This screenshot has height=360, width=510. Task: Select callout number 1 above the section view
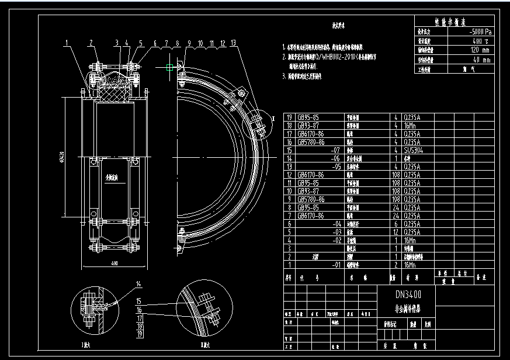click(68, 43)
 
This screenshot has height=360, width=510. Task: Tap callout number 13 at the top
click(234, 43)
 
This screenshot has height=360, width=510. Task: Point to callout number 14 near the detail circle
click(138, 285)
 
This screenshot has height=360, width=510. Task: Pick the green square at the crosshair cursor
click(169, 68)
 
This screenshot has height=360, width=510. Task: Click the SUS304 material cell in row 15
click(411, 150)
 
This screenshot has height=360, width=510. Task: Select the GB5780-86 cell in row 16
click(313, 142)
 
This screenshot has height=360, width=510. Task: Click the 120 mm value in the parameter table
click(466, 50)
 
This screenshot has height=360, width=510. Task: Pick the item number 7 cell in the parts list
click(289, 216)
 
